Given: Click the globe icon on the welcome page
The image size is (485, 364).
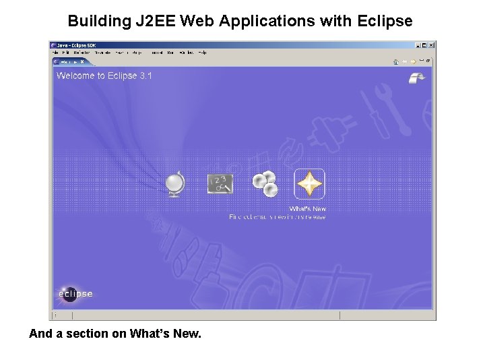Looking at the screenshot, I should click(x=176, y=183).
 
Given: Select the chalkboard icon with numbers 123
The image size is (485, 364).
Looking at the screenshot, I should click(x=220, y=183).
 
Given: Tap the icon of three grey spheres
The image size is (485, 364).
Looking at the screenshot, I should click(x=265, y=183).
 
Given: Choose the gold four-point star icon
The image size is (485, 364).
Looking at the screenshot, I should click(x=309, y=183).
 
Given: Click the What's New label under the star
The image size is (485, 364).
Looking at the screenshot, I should click(x=308, y=209).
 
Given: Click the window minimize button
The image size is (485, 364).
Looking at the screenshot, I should click(x=418, y=45).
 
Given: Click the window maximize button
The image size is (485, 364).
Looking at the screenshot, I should click(x=424, y=45).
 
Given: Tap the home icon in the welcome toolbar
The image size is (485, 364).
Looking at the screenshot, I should click(x=396, y=61).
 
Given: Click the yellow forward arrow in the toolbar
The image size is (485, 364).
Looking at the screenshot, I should click(x=413, y=61).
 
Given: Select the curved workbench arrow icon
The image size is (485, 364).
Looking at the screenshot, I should click(x=417, y=78).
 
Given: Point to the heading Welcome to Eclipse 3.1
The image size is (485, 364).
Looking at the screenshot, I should click(x=104, y=75).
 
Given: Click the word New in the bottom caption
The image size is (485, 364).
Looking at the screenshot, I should click(x=186, y=333).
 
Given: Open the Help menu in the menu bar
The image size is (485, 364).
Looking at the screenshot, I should click(x=203, y=53).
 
